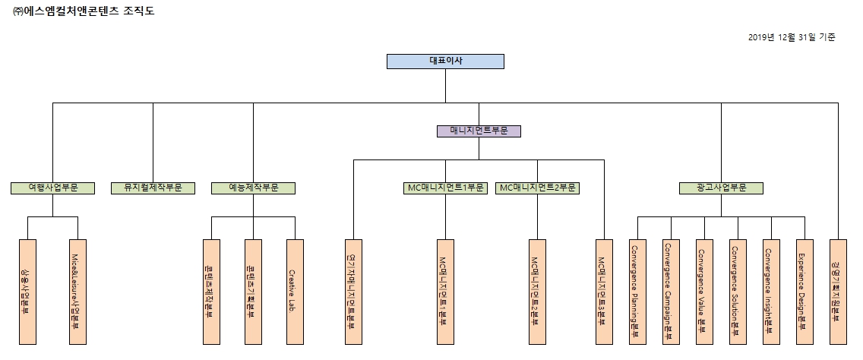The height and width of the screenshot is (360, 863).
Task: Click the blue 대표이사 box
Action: [x=445, y=62]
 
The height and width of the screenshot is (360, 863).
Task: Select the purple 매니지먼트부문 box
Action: [x=479, y=131]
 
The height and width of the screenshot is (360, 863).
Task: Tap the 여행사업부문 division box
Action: [x=53, y=188]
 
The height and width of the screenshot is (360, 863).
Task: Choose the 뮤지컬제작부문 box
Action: [x=153, y=188]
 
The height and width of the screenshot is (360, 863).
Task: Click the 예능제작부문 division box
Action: [x=253, y=188]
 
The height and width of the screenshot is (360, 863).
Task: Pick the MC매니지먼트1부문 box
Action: [x=445, y=188]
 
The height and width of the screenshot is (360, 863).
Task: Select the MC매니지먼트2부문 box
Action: [x=537, y=188]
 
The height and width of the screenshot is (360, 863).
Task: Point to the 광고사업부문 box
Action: [x=721, y=188]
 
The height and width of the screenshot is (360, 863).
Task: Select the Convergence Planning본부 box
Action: [x=637, y=292]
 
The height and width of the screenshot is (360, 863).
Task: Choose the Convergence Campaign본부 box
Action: [x=671, y=292]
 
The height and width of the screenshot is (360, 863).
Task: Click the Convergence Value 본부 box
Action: [x=704, y=292]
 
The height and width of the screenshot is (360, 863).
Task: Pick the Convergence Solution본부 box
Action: [x=738, y=292]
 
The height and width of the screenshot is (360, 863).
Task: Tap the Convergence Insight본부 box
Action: [x=771, y=292]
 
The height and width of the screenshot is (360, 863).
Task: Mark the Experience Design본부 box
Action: [x=805, y=292]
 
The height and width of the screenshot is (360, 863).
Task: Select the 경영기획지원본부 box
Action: [x=838, y=292]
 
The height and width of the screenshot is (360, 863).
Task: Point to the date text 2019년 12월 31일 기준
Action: [x=792, y=37]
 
